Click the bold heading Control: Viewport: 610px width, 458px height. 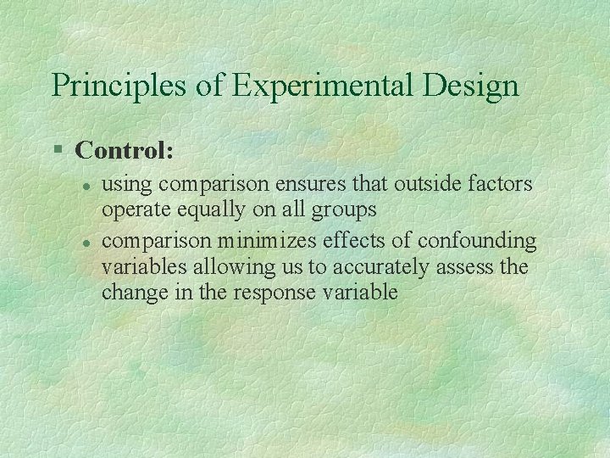point(125,151)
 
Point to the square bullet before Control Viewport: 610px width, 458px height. point(58,151)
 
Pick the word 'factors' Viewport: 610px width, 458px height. point(503,183)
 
